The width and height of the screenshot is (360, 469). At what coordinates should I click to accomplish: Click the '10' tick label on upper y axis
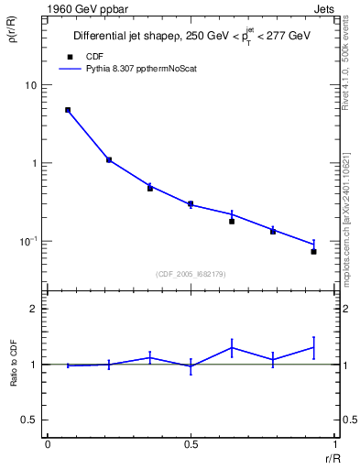[31, 85]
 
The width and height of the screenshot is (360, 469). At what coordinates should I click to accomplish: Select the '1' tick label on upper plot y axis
[35, 163]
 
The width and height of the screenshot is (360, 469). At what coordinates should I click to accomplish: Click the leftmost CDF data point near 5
[68, 110]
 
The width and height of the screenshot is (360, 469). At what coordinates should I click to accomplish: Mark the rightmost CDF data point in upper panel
[313, 251]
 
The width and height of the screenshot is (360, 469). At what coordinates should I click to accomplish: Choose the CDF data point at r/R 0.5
[191, 204]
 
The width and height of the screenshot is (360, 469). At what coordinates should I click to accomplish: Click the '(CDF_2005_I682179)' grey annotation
[191, 273]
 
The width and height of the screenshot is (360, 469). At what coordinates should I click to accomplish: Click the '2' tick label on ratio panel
[35, 309]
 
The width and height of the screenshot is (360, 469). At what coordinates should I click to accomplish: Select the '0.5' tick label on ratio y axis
[31, 420]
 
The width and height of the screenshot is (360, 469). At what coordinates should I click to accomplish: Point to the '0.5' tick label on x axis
[191, 444]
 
